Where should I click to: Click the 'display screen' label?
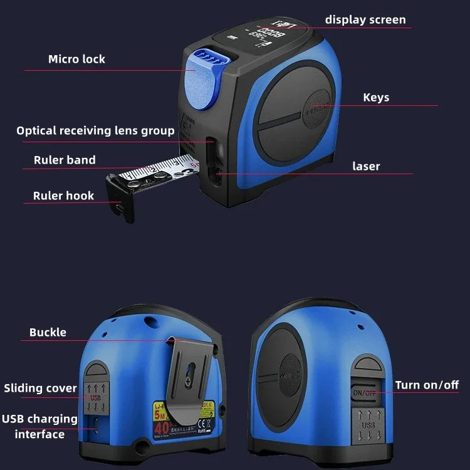coord(365,20)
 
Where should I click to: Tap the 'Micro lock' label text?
coord(76,60)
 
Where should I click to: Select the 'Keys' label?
coord(376,97)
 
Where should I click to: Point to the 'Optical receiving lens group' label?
coord(95,131)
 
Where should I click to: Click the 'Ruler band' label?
coord(65,160)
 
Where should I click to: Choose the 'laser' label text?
coord(366,167)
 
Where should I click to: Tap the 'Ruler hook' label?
coord(63,196)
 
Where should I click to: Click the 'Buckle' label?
coord(48,332)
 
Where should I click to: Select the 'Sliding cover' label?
coord(41,389)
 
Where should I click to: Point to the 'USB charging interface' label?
coord(39,426)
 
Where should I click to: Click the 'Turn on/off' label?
coord(427,385)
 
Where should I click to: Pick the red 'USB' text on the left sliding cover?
coord(95,397)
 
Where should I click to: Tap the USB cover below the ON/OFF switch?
coord(367,424)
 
